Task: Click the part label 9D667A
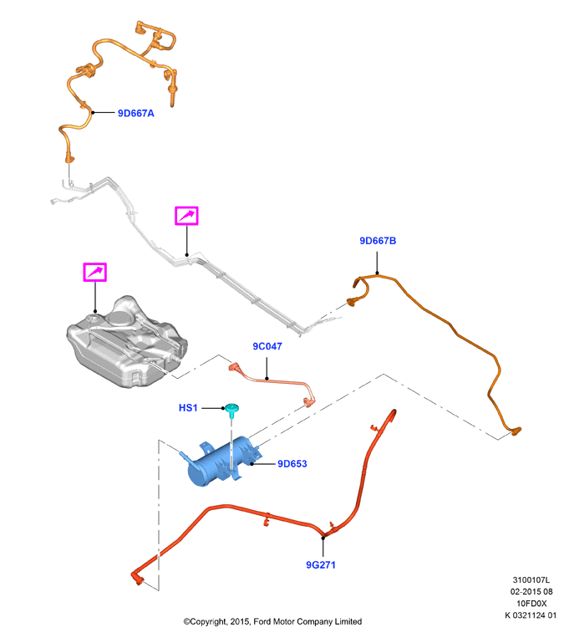click(136, 113)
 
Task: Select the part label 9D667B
click(378, 241)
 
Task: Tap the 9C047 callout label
click(267, 346)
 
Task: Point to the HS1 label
click(188, 408)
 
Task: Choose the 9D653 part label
click(292, 463)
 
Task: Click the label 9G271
click(321, 564)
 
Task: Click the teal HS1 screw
click(231, 410)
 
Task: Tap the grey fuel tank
click(126, 343)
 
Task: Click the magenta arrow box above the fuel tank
click(94, 273)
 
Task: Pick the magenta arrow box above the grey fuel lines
click(186, 216)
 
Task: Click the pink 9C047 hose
click(272, 380)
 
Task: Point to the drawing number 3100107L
click(531, 579)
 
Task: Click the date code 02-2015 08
click(531, 592)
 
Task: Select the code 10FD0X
click(531, 604)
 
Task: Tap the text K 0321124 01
click(531, 615)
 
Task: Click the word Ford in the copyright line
click(262, 622)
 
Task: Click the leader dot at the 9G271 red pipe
click(323, 538)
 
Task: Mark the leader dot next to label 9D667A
click(93, 113)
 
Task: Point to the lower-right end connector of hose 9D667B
click(516, 431)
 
